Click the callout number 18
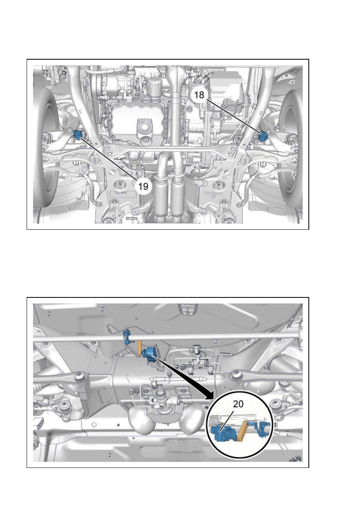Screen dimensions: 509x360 199,95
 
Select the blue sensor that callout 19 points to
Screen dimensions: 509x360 77,135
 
